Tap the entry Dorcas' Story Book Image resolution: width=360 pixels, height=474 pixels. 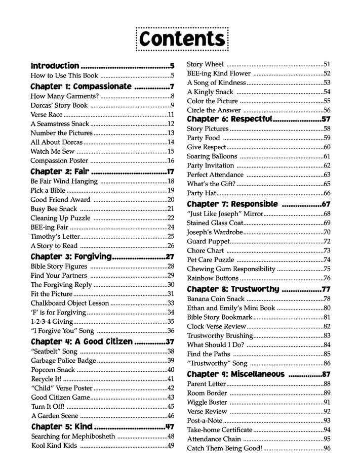click(59, 105)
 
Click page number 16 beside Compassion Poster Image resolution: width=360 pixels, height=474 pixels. click(171, 160)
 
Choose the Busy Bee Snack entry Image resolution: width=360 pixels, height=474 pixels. click(53, 208)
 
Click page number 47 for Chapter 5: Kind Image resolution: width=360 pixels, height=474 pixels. click(170, 426)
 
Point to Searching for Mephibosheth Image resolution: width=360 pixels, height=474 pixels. click(73, 436)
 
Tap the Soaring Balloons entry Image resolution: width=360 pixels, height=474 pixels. click(212, 156)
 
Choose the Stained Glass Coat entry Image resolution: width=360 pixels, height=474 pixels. click(215, 223)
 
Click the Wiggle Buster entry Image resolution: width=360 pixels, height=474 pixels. click(207, 402)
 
